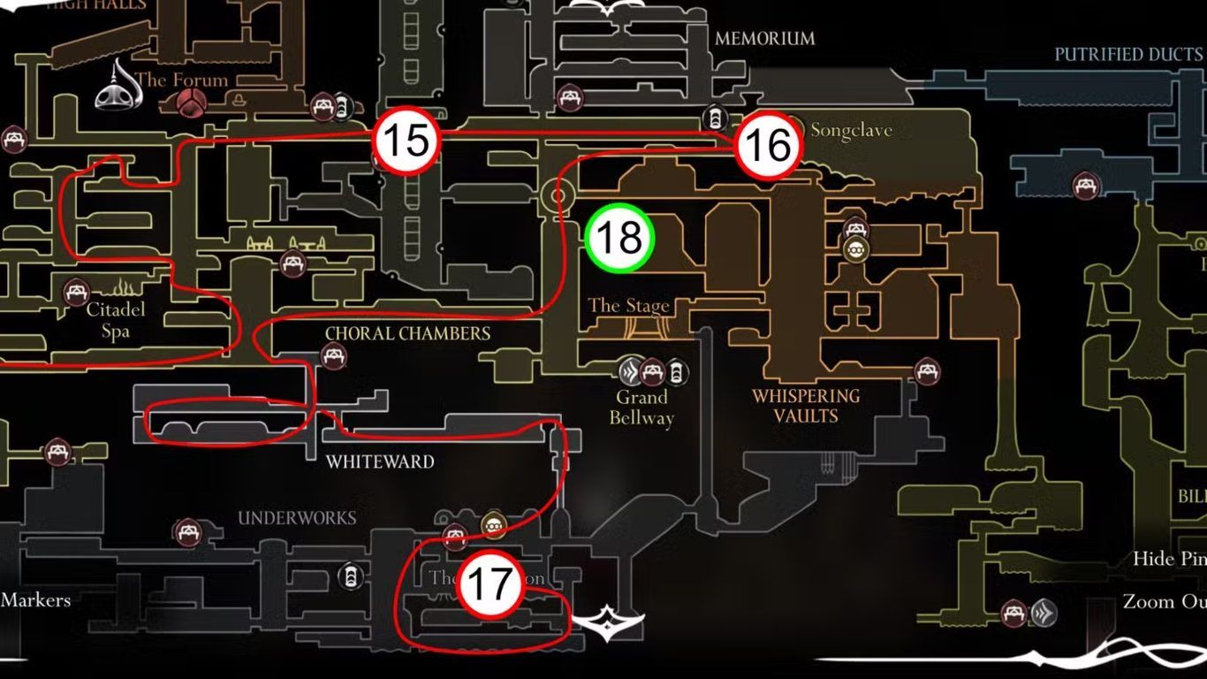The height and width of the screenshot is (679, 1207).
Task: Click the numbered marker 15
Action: pyautogui.click(x=406, y=141)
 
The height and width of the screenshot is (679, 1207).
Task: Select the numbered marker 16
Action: pyautogui.click(x=768, y=145)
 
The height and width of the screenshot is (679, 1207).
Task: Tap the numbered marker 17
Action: pyautogui.click(x=490, y=584)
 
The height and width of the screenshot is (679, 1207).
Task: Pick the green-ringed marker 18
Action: pyautogui.click(x=619, y=239)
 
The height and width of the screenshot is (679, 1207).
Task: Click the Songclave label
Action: pyautogui.click(x=851, y=130)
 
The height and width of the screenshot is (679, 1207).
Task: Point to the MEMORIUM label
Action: pyautogui.click(x=764, y=39)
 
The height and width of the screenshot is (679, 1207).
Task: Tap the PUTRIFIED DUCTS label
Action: pyautogui.click(x=1128, y=55)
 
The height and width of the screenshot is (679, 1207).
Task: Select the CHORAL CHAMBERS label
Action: pyautogui.click(x=407, y=333)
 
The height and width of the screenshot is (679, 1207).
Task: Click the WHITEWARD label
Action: pyautogui.click(x=380, y=462)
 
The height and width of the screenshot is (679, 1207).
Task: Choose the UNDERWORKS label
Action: pyautogui.click(x=297, y=518)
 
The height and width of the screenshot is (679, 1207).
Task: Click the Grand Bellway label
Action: pyautogui.click(x=641, y=408)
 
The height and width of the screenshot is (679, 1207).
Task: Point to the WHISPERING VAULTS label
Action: pyautogui.click(x=806, y=405)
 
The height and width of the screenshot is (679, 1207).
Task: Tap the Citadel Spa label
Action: pyautogui.click(x=116, y=320)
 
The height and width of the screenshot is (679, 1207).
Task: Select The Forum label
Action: pyautogui.click(x=182, y=80)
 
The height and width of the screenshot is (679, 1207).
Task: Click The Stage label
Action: pyautogui.click(x=628, y=306)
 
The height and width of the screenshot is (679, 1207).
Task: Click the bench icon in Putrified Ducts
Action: pyautogui.click(x=1086, y=187)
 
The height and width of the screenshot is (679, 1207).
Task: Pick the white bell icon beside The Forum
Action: pyautogui.click(x=115, y=86)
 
